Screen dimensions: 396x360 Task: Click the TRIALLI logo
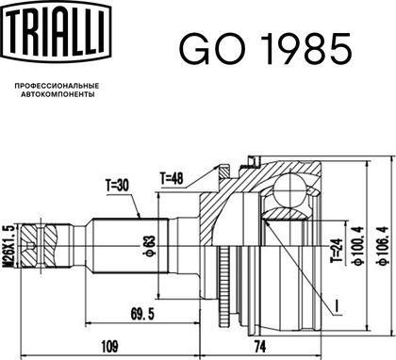coord(57,31)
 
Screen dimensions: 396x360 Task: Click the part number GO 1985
coord(265,49)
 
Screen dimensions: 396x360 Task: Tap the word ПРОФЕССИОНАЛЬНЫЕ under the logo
coord(57,86)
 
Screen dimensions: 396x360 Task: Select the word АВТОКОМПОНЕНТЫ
coord(58,94)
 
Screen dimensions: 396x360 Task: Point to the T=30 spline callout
coord(117,186)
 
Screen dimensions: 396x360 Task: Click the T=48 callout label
coord(172,179)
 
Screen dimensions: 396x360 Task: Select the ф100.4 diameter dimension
coord(359,246)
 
